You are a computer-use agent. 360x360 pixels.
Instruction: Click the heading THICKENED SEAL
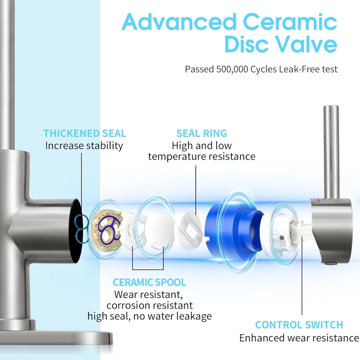[x=84, y=134]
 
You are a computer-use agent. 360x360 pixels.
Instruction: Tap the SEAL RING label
[x=202, y=134]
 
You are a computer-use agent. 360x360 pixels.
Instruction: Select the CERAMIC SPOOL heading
[x=149, y=282]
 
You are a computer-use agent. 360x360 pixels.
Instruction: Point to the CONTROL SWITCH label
[x=299, y=325]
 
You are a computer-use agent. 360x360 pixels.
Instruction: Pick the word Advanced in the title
[x=179, y=22]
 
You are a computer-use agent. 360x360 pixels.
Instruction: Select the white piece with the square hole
[x=189, y=232]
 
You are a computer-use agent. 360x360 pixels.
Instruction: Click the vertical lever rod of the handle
[x=331, y=151]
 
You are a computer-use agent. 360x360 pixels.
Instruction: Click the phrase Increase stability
[x=84, y=146]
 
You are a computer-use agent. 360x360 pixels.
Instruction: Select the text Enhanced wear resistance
[x=299, y=338]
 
